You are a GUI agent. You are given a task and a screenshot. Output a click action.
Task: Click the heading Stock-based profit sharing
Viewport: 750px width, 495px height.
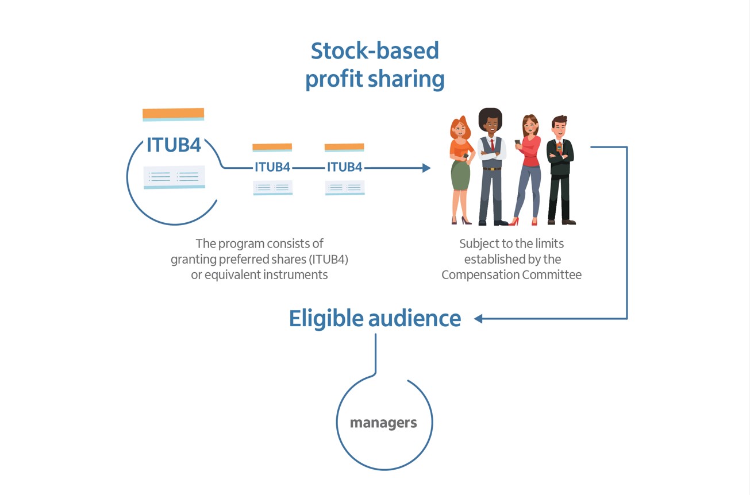[375, 65]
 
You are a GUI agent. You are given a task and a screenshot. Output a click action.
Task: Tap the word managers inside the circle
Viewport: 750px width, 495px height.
[383, 423]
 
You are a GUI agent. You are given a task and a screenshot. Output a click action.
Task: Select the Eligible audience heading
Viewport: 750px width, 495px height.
[375, 318]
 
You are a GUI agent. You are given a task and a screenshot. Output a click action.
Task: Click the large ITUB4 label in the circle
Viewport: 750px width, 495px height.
[174, 145]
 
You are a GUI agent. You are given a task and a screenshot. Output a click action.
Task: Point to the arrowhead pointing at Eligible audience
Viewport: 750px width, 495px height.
[478, 318]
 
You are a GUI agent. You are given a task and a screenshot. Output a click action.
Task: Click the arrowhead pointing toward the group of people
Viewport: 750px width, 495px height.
[426, 168]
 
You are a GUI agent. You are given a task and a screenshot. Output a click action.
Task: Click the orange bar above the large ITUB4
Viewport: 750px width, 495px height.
[173, 114]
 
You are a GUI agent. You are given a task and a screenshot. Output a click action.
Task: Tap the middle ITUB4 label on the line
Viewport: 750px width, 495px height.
[272, 167]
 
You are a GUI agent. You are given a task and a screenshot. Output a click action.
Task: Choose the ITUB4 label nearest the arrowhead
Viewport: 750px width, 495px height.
[344, 167]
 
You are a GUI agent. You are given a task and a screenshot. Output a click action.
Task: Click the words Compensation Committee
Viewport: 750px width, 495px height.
[511, 274]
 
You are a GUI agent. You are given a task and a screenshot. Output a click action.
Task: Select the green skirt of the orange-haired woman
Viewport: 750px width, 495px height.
[460, 175]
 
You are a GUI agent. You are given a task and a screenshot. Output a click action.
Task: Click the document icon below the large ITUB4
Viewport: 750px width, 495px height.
[174, 177]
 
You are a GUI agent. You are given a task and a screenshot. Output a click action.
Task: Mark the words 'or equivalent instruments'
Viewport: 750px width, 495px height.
[259, 274]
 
